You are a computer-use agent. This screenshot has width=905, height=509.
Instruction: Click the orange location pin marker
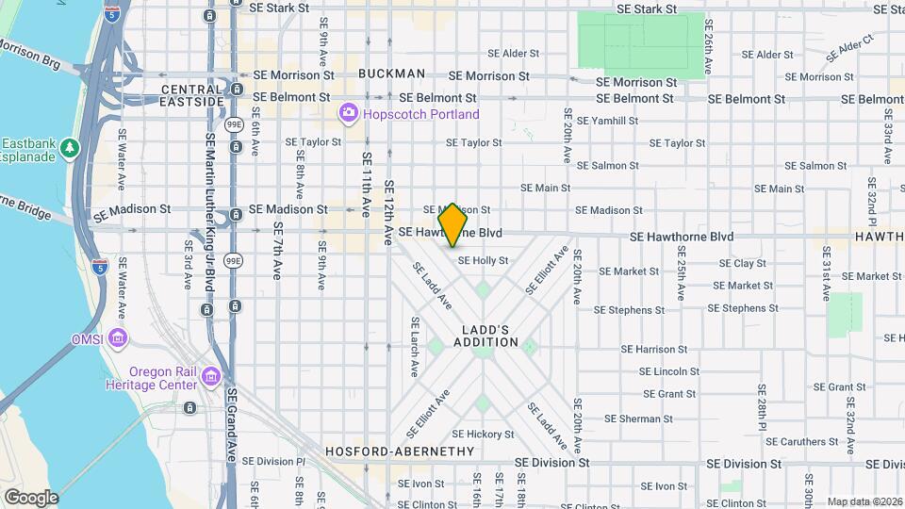(453, 224)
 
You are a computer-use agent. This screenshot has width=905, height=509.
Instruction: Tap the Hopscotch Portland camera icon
(349, 114)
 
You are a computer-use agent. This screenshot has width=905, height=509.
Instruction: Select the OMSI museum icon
(118, 337)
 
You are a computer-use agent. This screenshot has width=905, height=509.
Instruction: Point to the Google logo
(31, 497)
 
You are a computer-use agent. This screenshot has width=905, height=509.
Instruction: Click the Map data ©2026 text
(864, 501)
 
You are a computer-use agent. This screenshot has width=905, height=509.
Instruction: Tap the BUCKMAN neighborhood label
(391, 74)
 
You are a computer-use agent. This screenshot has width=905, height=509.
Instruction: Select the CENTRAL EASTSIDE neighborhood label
(192, 94)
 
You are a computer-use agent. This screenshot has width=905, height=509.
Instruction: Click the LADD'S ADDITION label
(489, 337)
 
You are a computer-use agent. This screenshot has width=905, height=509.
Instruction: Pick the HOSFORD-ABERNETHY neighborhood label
(400, 452)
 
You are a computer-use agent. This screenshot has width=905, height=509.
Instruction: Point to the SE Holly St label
(483, 260)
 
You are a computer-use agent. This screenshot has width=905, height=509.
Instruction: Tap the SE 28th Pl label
(760, 406)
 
